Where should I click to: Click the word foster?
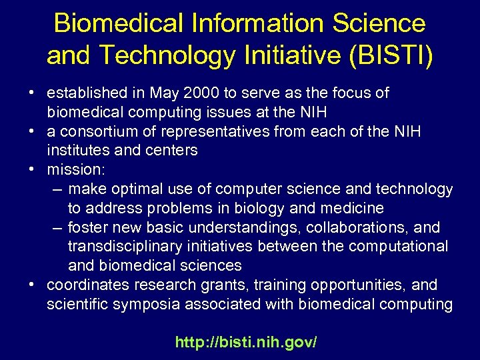point(88,227)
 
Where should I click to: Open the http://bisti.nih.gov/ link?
point(246,343)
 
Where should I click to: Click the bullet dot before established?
point(32,93)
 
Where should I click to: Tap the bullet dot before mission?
point(32,169)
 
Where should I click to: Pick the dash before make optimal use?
point(57,189)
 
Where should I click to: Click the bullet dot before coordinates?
point(32,285)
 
